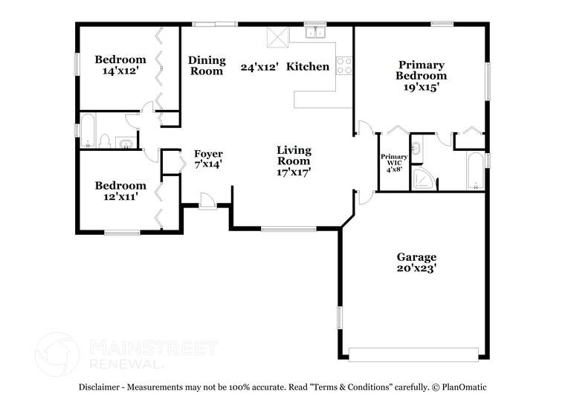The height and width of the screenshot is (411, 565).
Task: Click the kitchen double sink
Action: click(315, 33)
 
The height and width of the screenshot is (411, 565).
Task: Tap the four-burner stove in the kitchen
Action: click(344, 66)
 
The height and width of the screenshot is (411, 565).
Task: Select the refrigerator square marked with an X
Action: click(277, 36)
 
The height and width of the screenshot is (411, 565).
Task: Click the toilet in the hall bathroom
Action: click(106, 141)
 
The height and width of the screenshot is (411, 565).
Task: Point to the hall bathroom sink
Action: click(126, 143)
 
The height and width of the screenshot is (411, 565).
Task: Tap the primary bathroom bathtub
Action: click(474, 171)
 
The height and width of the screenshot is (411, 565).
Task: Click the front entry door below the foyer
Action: click(207, 201)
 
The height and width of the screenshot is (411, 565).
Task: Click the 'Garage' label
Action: click(416, 257)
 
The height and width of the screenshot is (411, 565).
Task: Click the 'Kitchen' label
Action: click(308, 67)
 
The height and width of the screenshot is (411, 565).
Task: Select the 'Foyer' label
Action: click(208, 154)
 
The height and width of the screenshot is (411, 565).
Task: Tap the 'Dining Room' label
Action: click(207, 65)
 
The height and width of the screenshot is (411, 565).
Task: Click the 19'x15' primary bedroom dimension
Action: click(421, 87)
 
